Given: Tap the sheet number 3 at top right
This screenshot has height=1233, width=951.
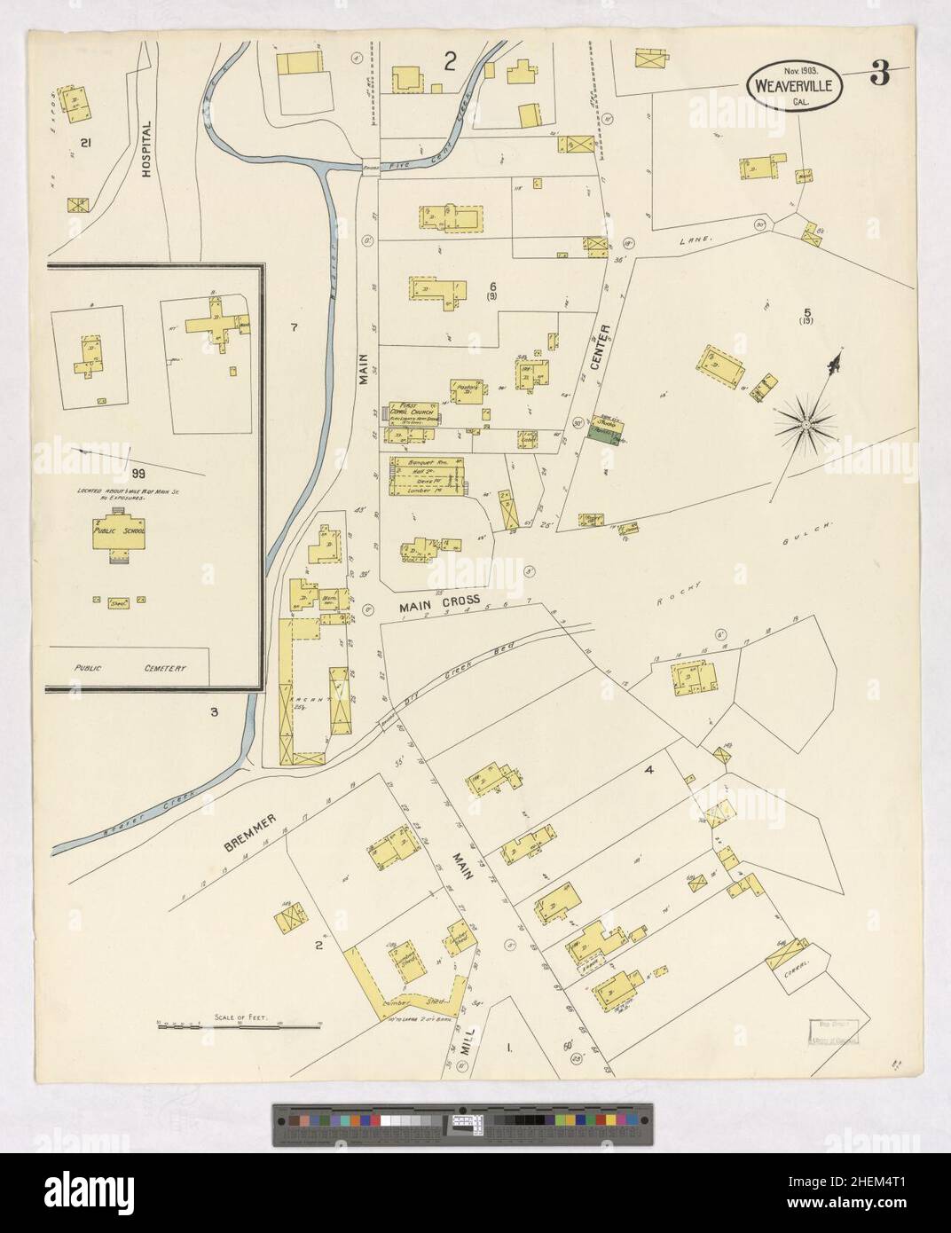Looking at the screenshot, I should pos(879,76).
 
